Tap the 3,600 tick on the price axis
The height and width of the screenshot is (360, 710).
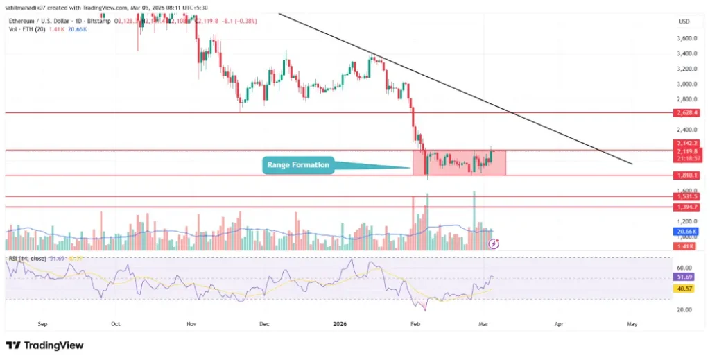[x=686, y=39]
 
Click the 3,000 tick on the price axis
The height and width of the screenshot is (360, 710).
[x=686, y=84]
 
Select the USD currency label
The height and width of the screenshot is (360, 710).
[x=684, y=22]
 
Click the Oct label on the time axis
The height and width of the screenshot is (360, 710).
[x=116, y=323]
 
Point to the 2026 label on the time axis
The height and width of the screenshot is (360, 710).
[x=340, y=323]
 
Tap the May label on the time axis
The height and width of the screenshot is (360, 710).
[x=632, y=323]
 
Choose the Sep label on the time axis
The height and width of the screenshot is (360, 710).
[x=43, y=323]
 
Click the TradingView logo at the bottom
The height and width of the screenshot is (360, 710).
[x=45, y=345]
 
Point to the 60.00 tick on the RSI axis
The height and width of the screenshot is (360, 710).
[x=685, y=266]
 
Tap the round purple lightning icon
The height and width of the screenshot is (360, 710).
[x=494, y=243]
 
